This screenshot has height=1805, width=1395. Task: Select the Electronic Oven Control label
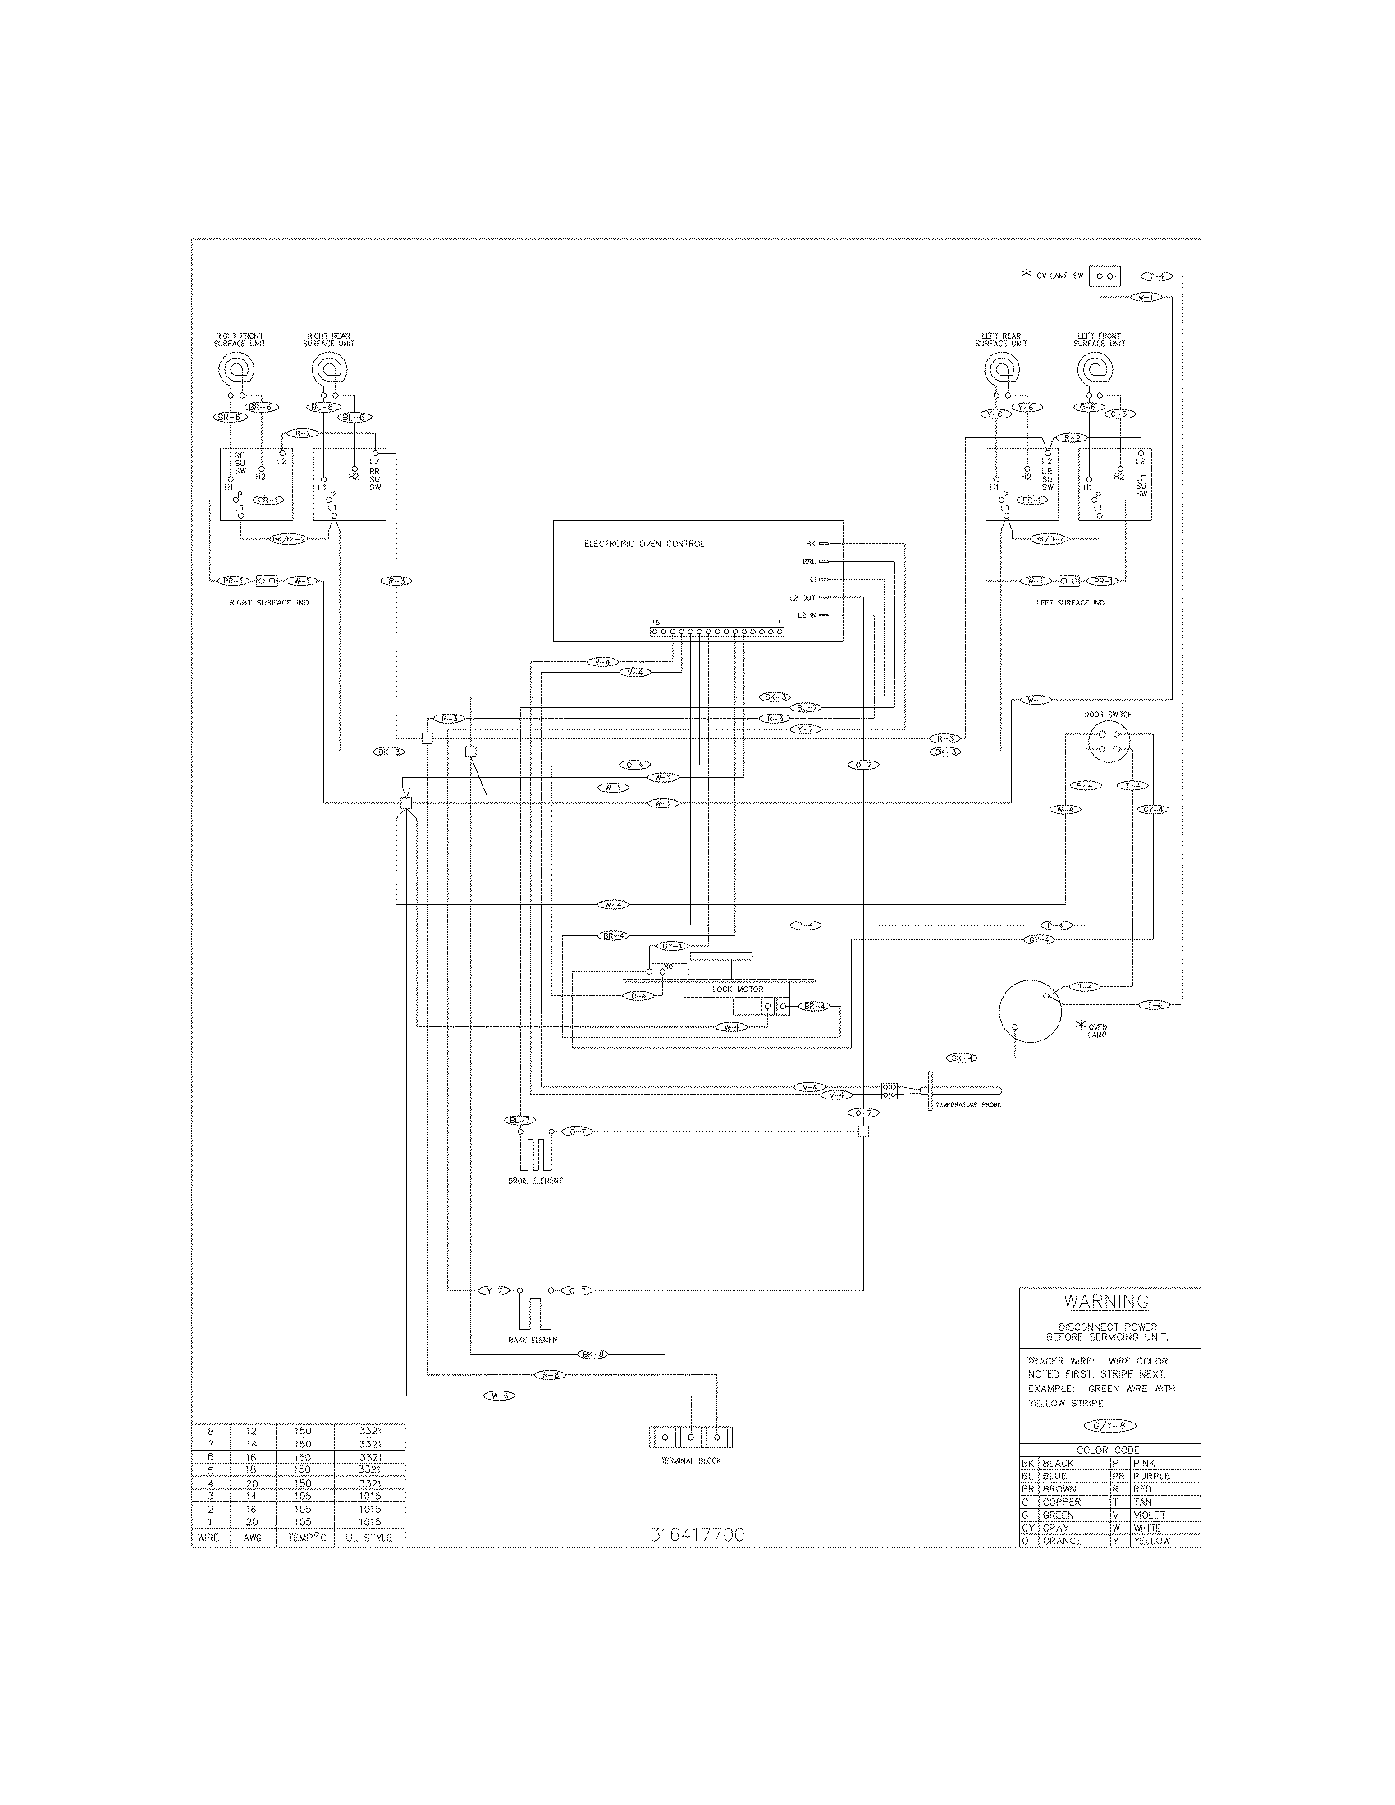[x=644, y=544]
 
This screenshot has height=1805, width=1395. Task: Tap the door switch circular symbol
[x=1108, y=742]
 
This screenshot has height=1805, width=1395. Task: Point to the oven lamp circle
[x=1029, y=1012]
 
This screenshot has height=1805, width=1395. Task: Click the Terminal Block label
[x=690, y=1460]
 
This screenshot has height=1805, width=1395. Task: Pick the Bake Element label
[x=534, y=1340]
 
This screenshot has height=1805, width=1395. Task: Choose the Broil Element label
[x=535, y=1181]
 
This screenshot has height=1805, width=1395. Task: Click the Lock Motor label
[x=737, y=989]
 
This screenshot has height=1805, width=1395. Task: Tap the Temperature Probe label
[x=967, y=1104]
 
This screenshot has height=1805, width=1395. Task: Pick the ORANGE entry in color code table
[x=1061, y=1541]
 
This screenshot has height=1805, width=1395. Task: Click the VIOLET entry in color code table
[x=1149, y=1515]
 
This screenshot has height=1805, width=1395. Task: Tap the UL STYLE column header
[x=369, y=1538]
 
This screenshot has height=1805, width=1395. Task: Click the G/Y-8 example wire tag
[x=1109, y=1425]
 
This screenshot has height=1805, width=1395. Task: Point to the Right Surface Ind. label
[x=269, y=603]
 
